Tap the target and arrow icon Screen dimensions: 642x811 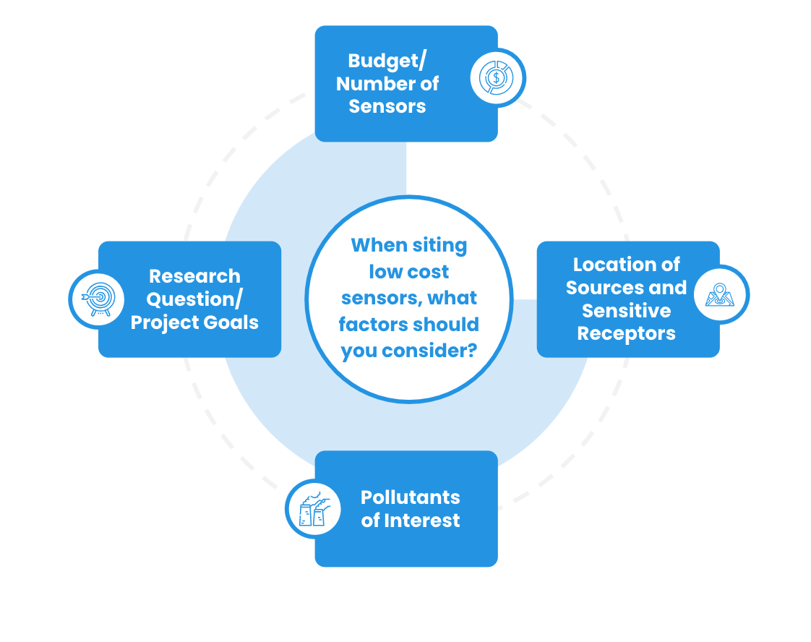pyautogui.click(x=97, y=298)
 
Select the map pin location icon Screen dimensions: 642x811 pyautogui.click(x=721, y=294)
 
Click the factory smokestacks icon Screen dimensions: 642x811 pyautogui.click(x=314, y=508)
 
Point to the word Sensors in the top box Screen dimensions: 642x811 pyautogui.click(x=387, y=106)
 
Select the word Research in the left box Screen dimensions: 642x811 pyautogui.click(x=194, y=276)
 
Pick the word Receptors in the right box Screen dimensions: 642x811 pyautogui.click(x=626, y=333)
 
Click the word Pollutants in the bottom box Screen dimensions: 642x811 pyautogui.click(x=410, y=497)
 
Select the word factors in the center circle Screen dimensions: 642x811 pyautogui.click(x=372, y=325)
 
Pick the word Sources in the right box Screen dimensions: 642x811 pyautogui.click(x=601, y=288)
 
